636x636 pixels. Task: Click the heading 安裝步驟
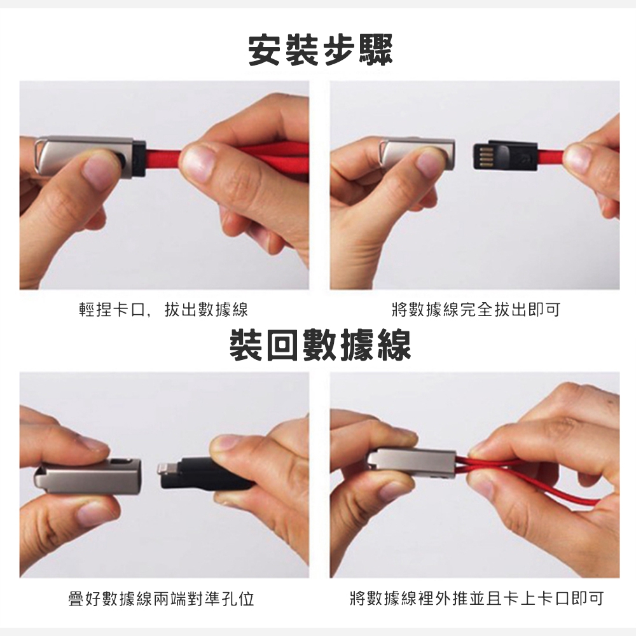click(x=321, y=52)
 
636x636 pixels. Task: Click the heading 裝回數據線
click(x=321, y=345)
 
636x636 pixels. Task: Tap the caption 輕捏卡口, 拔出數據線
click(x=163, y=310)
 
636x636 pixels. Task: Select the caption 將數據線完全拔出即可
click(x=476, y=310)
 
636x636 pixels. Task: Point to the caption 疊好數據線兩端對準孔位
click(x=162, y=598)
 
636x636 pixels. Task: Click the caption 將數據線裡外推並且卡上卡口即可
click(x=476, y=598)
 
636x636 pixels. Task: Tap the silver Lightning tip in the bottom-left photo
click(x=164, y=473)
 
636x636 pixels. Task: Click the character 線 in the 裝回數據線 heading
click(x=394, y=345)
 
